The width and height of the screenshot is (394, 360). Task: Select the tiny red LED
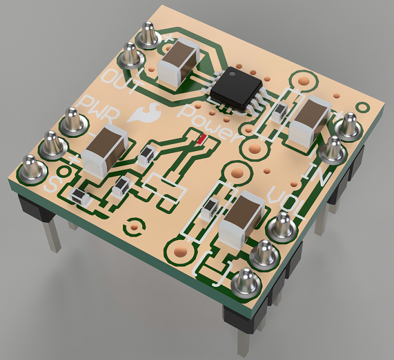(201, 141)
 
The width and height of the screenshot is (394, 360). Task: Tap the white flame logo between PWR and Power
(146, 110)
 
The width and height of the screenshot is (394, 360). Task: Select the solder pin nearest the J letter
(245, 283)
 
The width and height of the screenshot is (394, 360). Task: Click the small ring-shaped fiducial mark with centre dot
(134, 225)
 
